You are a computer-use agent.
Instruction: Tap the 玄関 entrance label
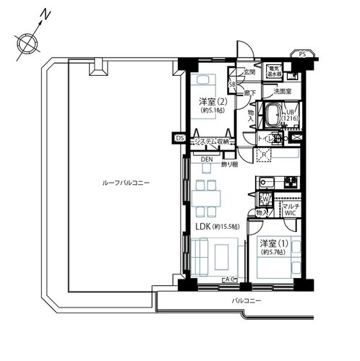click(x=249, y=72)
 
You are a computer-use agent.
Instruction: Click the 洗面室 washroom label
click(x=282, y=92)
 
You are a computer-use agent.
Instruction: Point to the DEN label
click(x=207, y=160)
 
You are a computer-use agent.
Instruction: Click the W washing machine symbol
click(x=265, y=200)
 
